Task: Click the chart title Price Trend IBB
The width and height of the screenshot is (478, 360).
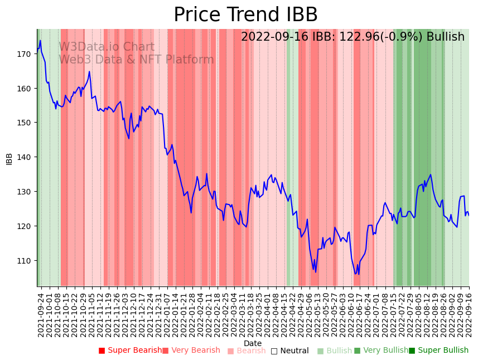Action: point(245,15)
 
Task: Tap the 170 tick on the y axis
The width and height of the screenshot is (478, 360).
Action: point(24,54)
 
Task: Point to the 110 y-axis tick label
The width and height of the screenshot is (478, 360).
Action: point(24,260)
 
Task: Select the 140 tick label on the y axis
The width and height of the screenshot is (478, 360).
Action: point(24,157)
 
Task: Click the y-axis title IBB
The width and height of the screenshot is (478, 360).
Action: point(9,158)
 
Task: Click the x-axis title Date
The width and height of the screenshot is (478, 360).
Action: point(253,343)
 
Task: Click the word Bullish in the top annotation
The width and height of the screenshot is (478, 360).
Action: point(445,37)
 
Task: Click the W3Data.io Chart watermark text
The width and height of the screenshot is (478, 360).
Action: point(107,47)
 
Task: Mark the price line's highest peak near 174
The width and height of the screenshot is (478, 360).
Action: point(40,41)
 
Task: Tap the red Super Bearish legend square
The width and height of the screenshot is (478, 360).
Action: point(102,351)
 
